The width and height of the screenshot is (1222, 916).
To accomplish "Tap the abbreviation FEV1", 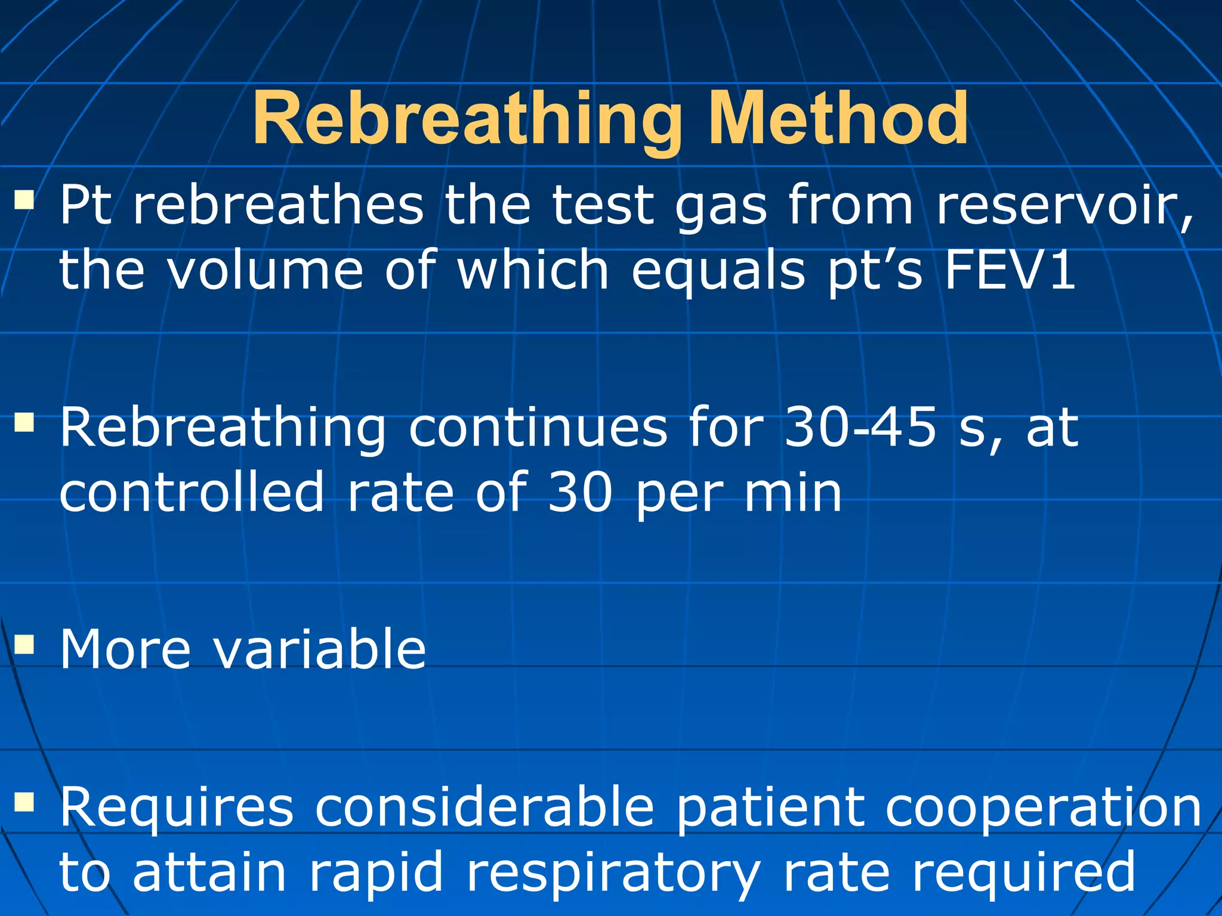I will point(1010,270).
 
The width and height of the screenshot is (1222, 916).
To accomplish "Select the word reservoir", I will point(1064,206).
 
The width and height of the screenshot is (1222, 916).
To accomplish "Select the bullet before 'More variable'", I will point(24,644).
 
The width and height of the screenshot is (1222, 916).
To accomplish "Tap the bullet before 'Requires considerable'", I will point(24,803).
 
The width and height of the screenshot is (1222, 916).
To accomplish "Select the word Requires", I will point(177,809).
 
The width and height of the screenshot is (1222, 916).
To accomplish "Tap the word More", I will point(125,649).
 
